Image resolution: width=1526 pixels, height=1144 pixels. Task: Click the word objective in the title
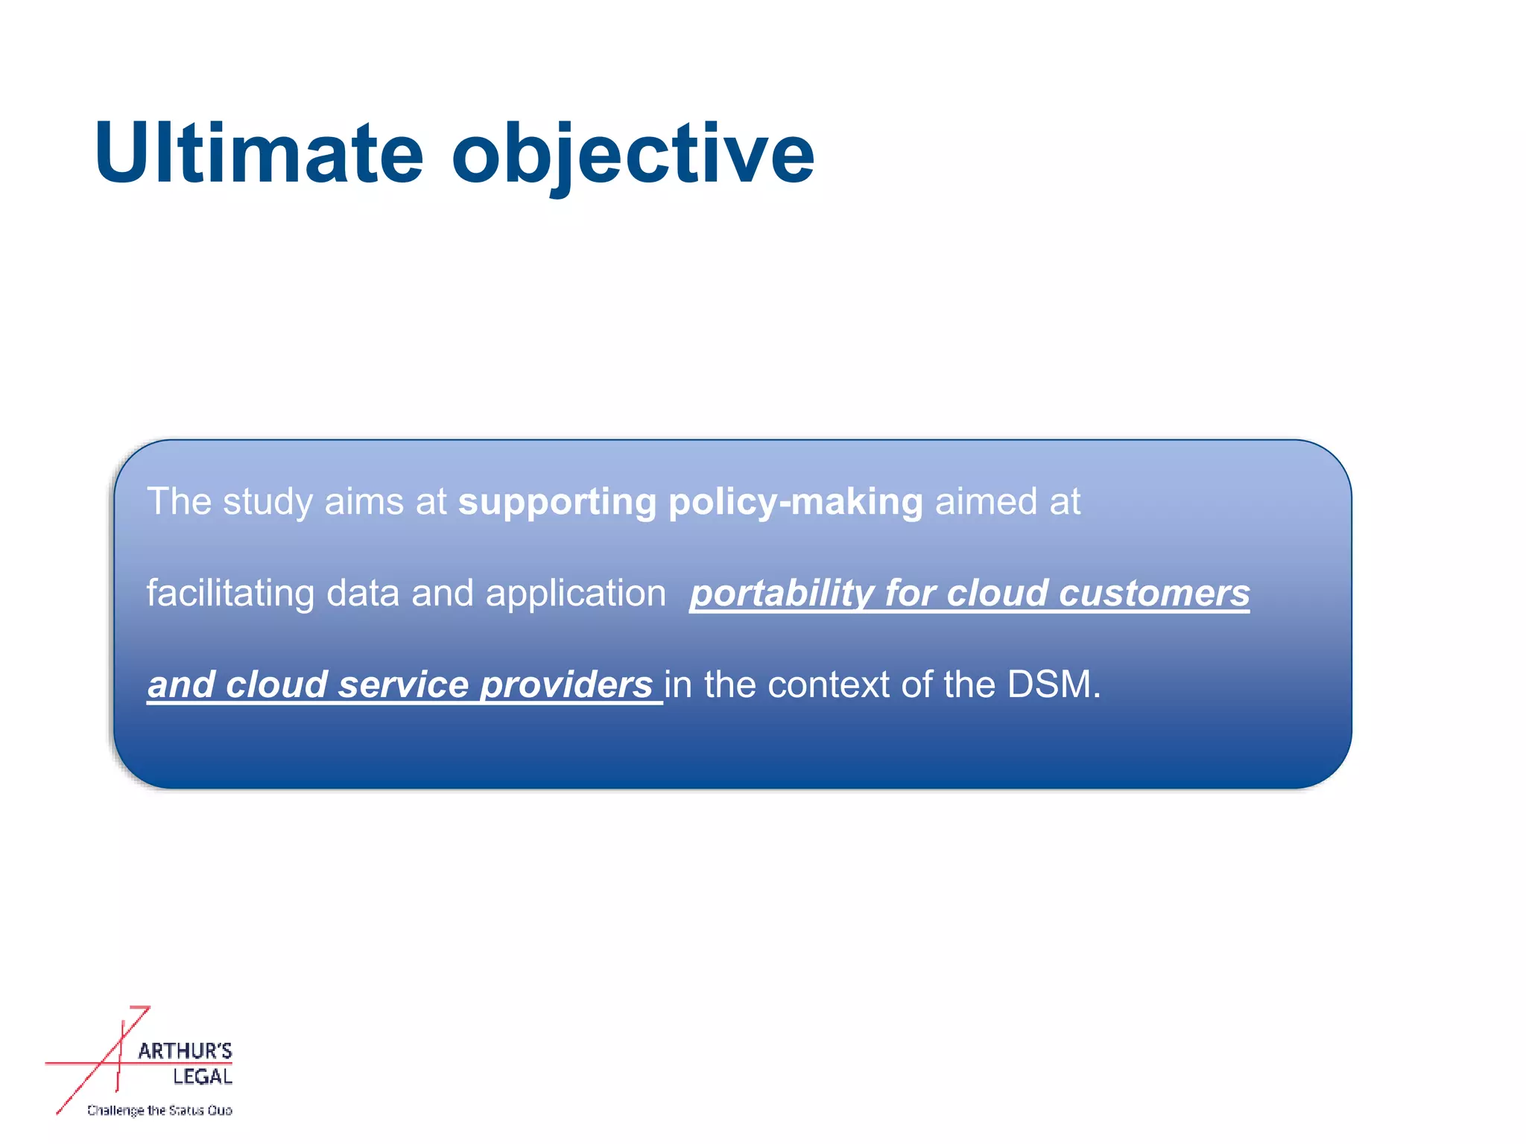(x=633, y=155)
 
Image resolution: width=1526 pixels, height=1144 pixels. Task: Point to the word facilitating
(x=230, y=594)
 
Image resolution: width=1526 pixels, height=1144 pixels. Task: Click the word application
(x=575, y=594)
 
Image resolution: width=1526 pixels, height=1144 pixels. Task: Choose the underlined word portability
(x=782, y=594)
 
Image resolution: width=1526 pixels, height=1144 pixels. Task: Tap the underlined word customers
(x=1154, y=594)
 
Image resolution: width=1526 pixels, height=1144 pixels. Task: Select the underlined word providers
(x=566, y=685)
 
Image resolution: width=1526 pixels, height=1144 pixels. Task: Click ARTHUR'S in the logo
(x=185, y=1052)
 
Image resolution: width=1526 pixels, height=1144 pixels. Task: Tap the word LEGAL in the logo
(x=203, y=1077)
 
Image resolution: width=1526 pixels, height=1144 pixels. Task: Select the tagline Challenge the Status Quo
(x=159, y=1110)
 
